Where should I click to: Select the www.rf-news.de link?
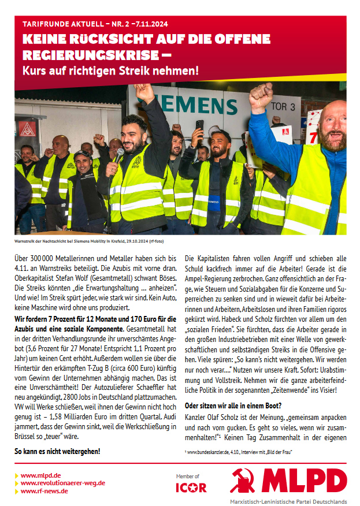coord(44,491)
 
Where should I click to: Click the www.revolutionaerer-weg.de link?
coord(62,483)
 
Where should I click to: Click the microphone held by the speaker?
coord(119,155)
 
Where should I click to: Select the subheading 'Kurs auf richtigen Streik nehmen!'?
coord(110,72)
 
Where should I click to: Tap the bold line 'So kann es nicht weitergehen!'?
coord(57,451)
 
